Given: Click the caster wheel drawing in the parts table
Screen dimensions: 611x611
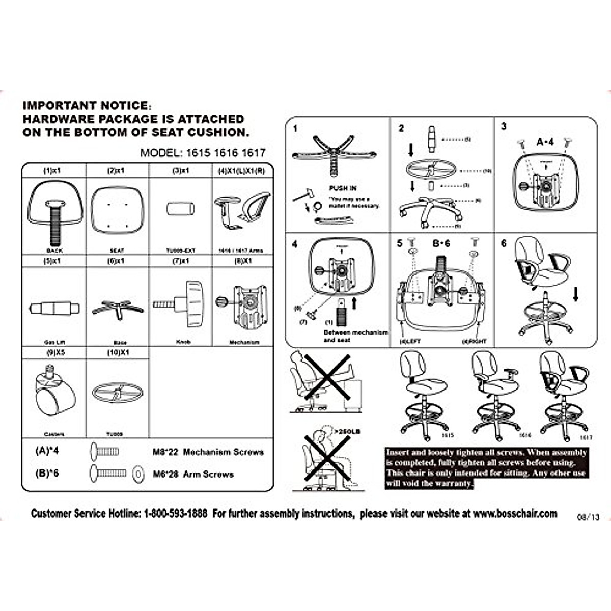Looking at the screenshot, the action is [54, 395].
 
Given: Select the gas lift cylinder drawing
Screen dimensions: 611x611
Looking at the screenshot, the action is [54, 308].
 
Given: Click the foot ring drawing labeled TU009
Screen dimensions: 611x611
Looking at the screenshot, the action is [118, 393].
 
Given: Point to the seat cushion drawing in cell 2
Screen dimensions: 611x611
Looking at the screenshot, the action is [118, 209].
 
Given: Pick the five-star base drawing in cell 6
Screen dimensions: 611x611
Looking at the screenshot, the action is [118, 308].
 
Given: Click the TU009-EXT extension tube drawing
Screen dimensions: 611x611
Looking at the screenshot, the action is [181, 209].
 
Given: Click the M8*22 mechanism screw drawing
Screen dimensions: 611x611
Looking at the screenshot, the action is [105, 451].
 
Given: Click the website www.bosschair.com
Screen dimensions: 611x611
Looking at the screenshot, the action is [515, 513].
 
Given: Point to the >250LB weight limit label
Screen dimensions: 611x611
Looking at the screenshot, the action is [349, 431].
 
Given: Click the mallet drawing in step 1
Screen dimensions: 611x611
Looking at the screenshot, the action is [301, 196].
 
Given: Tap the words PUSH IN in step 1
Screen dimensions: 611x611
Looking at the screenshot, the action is [343, 188].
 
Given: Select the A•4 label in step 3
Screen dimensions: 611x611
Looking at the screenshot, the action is [544, 142].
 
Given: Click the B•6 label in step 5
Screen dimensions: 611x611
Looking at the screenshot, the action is [441, 243].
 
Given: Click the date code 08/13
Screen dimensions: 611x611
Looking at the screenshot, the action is [588, 517].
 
